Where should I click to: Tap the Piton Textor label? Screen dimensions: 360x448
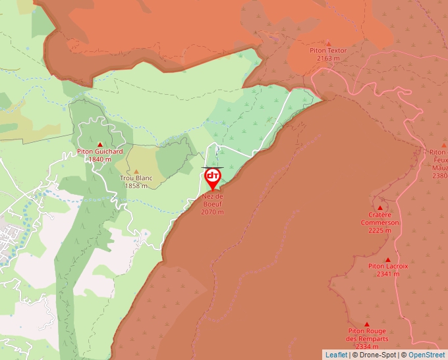[328, 51]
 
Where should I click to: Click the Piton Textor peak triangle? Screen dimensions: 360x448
[328, 43]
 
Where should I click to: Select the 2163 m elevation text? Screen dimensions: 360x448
[328, 59]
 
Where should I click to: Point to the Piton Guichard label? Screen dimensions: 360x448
[100, 151]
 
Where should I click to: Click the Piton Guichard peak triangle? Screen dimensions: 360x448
[100, 144]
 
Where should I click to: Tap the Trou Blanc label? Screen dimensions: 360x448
[136, 178]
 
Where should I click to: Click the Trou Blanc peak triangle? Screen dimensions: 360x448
[136, 171]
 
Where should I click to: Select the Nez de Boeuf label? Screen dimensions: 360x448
[212, 200]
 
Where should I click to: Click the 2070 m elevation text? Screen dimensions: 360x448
[212, 212]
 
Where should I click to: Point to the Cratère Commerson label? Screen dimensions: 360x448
[379, 219]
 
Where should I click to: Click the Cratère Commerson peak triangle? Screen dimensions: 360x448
[380, 207]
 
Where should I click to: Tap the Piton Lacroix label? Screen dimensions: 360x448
[388, 267]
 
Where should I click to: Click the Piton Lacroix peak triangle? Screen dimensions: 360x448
[388, 259]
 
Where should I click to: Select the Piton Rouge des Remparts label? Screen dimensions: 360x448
[366, 334]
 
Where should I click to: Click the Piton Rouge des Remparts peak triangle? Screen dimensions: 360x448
[366, 324]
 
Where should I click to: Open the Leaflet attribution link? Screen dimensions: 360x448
[336, 355]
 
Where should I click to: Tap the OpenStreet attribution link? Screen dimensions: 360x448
[426, 355]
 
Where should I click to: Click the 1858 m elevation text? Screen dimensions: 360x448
[136, 186]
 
